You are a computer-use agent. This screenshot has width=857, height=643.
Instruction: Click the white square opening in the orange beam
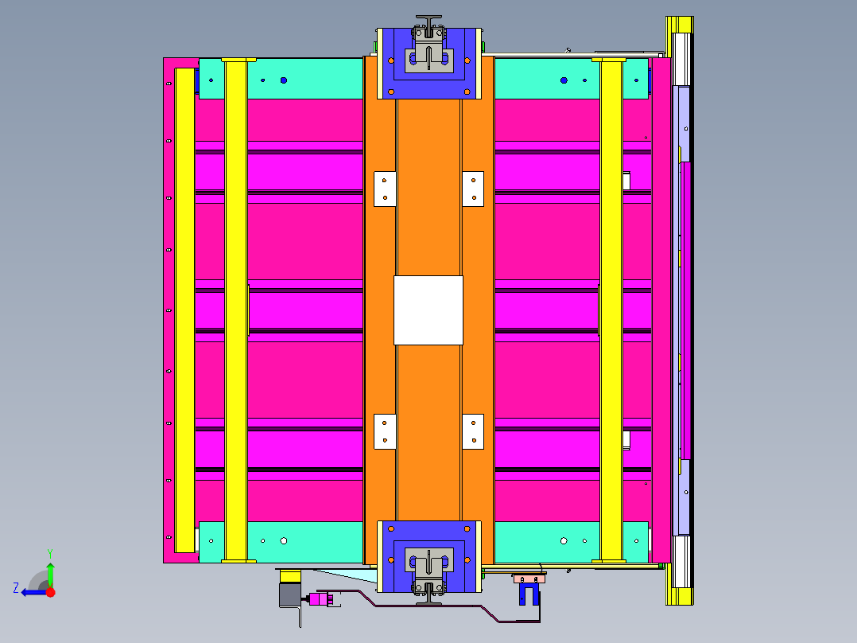pos(428,310)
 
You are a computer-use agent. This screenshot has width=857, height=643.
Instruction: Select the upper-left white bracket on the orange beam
pos(385,189)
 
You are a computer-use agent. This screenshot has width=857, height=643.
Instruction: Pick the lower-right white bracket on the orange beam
pos(473,431)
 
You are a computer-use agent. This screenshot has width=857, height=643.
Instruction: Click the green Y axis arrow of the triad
pos(50,571)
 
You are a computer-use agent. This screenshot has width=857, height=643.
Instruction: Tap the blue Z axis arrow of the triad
pos(30,591)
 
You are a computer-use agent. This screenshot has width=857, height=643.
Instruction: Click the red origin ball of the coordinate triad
pos(50,592)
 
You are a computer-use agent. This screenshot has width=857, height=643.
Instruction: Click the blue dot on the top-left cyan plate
pos(283,80)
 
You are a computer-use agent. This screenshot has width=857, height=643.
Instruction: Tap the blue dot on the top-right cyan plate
pos(564,80)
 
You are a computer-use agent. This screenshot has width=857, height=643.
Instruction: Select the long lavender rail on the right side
pos(681,310)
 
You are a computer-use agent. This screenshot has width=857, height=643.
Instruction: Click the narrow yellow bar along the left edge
pos(184,310)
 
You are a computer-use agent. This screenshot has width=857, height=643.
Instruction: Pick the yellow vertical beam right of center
pos(611,310)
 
